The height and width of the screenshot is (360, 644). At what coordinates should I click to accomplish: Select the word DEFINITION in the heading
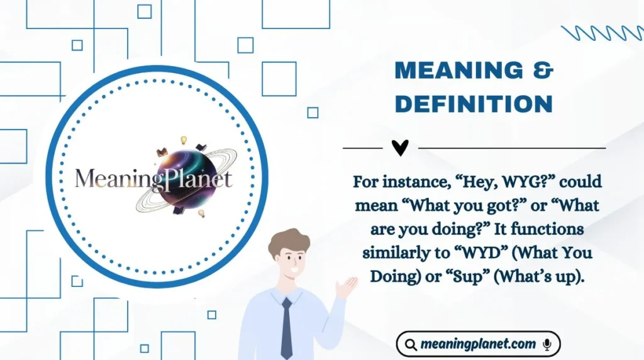(474, 104)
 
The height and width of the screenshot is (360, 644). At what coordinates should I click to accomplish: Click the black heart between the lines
(400, 148)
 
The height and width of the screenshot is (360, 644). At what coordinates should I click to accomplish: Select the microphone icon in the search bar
(547, 344)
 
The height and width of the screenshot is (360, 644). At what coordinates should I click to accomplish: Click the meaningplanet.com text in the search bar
(478, 344)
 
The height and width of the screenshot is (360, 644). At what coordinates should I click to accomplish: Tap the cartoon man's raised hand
(345, 287)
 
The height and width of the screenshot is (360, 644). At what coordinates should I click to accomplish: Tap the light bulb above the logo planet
(184, 140)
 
